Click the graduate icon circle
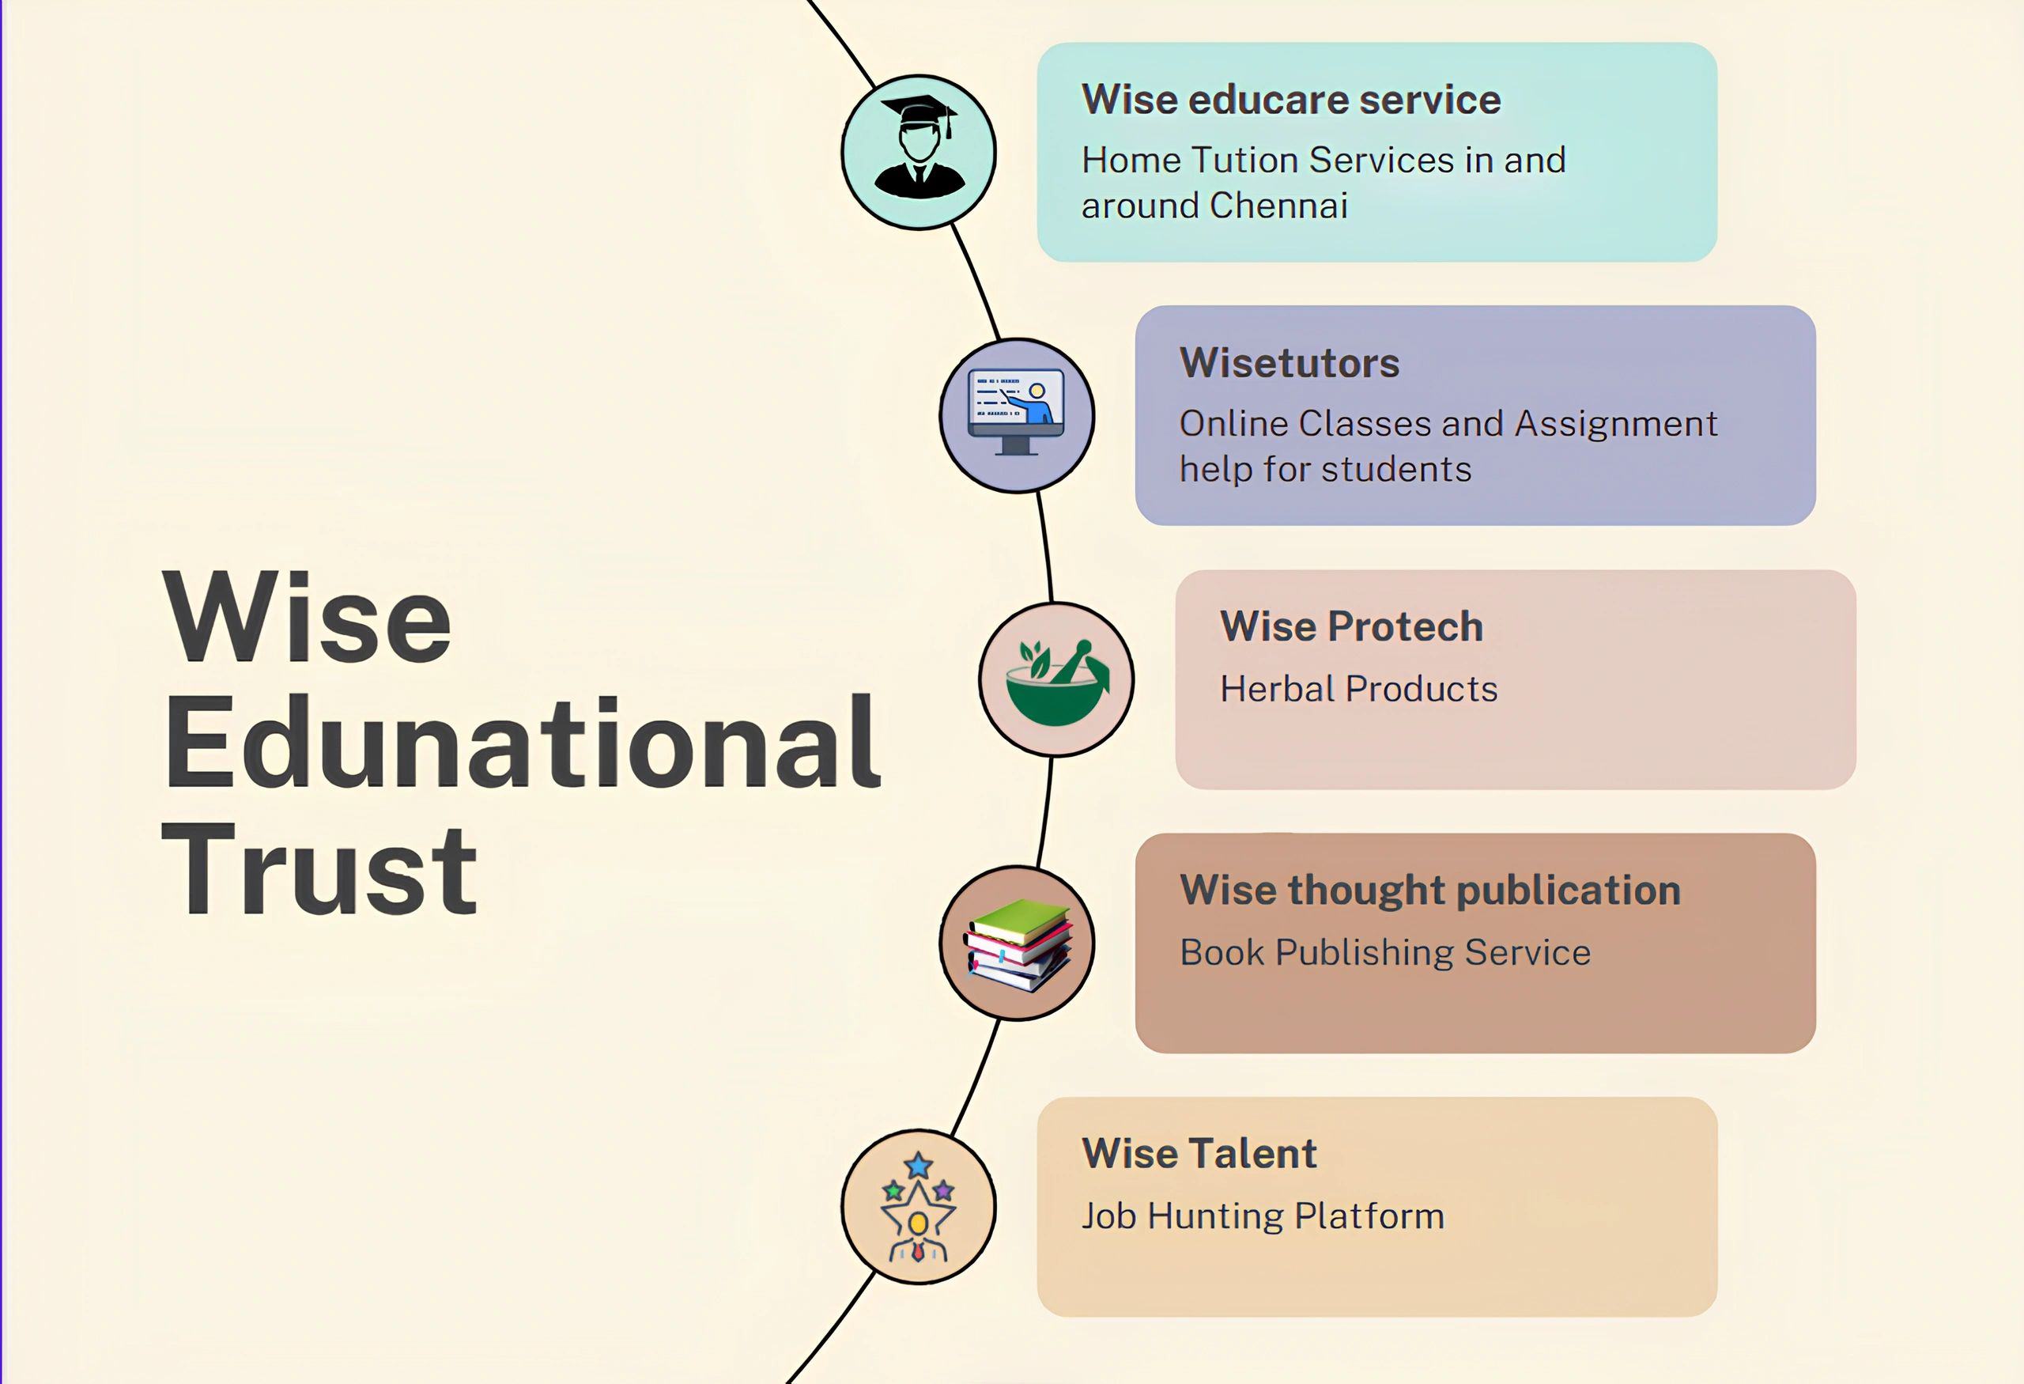pyautogui.click(x=919, y=153)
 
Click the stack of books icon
pyautogui.click(x=1018, y=945)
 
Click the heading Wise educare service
pyautogui.click(x=1290, y=100)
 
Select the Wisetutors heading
pyautogui.click(x=1289, y=362)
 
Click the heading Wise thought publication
pyautogui.click(x=1430, y=891)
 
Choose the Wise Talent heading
pyautogui.click(x=1199, y=1153)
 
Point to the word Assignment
pyautogui.click(x=1615, y=425)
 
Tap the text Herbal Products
pyautogui.click(x=1358, y=688)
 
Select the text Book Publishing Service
pyautogui.click(x=1384, y=952)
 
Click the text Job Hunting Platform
pyautogui.click(x=1263, y=1216)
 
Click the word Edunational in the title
pyautogui.click(x=523, y=743)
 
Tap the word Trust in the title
pyautogui.click(x=319, y=868)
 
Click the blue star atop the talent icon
pyautogui.click(x=918, y=1166)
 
